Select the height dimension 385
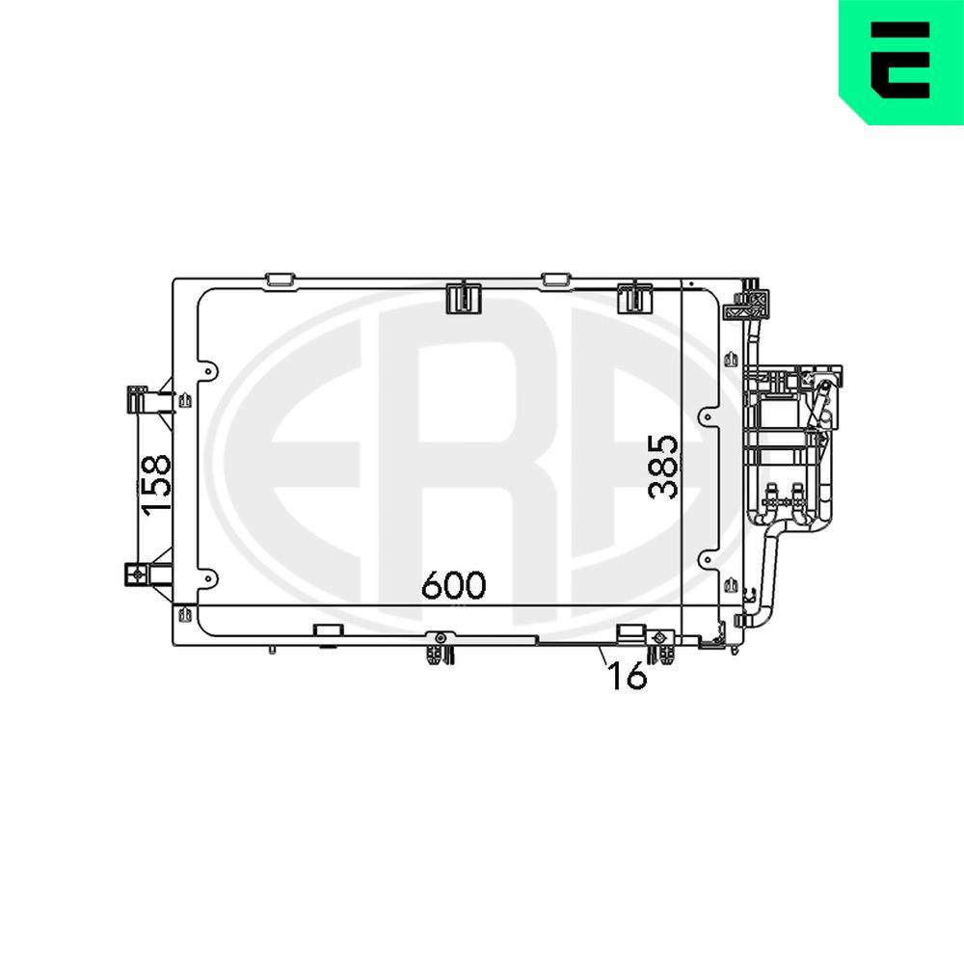[663, 467]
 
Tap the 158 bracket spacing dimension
[156, 485]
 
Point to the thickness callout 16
[628, 677]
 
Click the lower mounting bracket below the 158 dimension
[136, 575]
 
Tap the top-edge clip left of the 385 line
[634, 297]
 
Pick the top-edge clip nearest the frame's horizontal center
[465, 297]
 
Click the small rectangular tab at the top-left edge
[279, 280]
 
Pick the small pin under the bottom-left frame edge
[273, 650]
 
